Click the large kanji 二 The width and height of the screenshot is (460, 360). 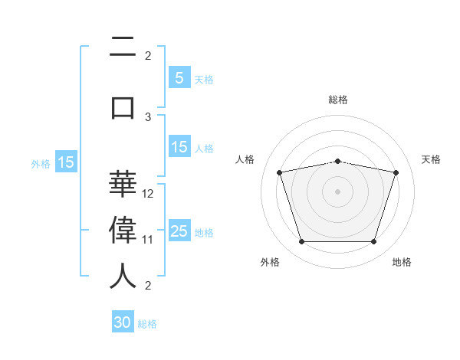click(123, 47)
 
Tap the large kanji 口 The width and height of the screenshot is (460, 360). click(123, 108)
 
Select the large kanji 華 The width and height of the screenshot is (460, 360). click(123, 184)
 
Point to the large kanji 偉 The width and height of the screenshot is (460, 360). click(123, 230)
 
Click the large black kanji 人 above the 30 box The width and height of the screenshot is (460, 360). click(123, 276)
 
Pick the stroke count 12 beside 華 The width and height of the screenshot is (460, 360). click(147, 194)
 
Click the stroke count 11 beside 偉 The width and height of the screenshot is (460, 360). click(147, 240)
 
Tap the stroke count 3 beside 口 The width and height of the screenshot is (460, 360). click(148, 117)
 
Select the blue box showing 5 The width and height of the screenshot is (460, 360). click(179, 77)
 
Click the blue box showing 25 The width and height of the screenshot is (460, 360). click(179, 230)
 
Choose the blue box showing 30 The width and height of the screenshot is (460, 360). click(123, 321)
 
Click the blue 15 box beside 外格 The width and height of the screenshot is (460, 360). click(66, 162)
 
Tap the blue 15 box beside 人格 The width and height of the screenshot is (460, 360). click(179, 146)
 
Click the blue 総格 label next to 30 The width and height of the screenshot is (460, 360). click(147, 324)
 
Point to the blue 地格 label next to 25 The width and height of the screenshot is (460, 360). click(204, 233)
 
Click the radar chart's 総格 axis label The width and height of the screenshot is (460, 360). click(338, 100)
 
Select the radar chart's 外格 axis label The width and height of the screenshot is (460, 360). click(270, 262)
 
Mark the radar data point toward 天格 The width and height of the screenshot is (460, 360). click(396, 172)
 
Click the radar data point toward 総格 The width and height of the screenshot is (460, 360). click(337, 162)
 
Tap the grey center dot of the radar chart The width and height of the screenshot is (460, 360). click(337, 191)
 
